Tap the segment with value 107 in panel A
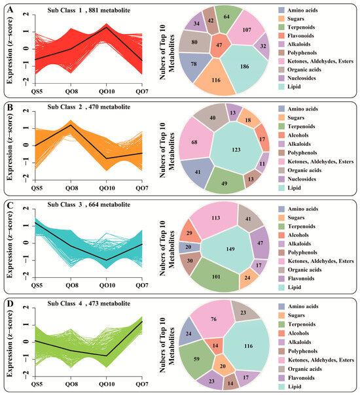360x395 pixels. (246, 29)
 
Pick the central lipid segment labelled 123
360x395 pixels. (236, 148)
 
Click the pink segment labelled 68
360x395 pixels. (195, 141)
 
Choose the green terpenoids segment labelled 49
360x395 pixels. (225, 181)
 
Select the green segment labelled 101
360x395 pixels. (215, 275)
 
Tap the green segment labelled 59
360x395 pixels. (195, 359)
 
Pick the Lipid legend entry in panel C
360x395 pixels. (290, 287)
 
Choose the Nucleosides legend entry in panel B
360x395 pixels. (297, 179)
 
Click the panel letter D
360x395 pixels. (10, 304)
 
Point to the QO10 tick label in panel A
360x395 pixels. (107, 91)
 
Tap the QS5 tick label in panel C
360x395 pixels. (37, 285)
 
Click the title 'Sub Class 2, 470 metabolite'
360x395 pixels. (89, 107)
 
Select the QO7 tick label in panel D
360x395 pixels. (142, 384)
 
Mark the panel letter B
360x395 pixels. (10, 108)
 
